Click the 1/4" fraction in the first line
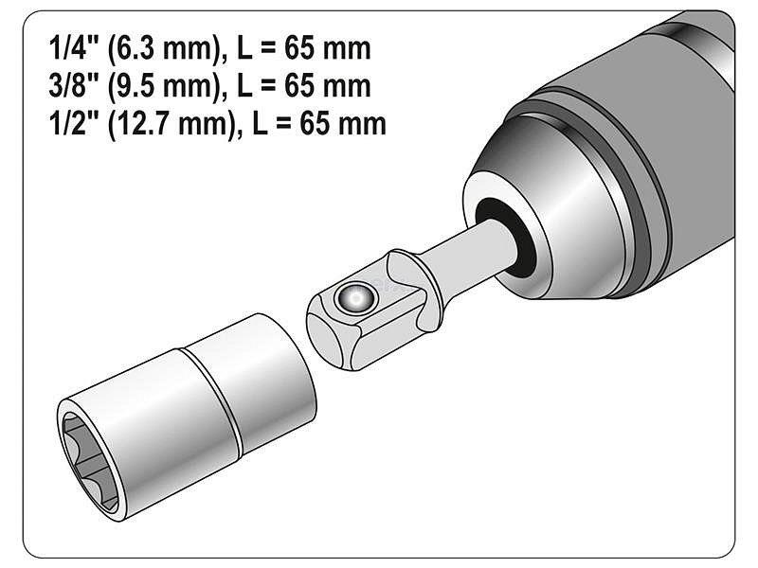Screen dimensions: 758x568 point(74,49)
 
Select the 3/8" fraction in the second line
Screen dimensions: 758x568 point(74,86)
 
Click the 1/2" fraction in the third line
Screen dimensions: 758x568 point(74,124)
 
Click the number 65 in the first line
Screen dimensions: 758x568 point(299,49)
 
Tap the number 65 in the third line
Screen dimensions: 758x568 point(315,124)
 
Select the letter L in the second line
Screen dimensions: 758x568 point(245,86)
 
